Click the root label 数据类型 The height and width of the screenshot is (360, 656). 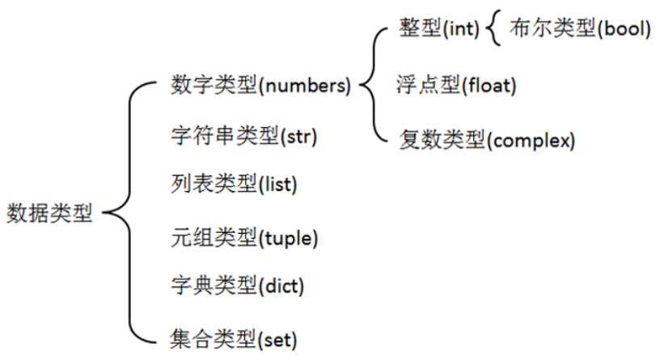tap(49, 214)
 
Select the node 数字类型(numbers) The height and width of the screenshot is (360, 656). tap(261, 85)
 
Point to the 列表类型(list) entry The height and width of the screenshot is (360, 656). tap(235, 184)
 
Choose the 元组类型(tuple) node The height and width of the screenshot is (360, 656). tap(245, 238)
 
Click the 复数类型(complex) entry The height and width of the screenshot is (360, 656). tap(487, 140)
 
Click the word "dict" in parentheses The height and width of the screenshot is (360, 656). tap(282, 286)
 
